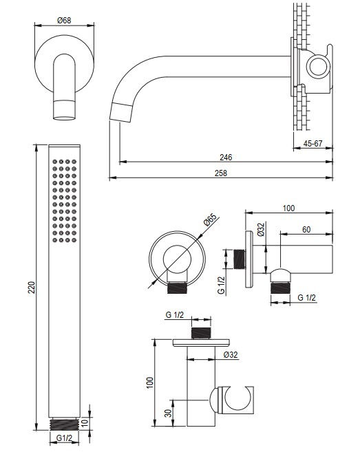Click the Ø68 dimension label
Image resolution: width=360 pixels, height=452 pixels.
pos(64,21)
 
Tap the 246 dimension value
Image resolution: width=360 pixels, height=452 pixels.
pos(226,157)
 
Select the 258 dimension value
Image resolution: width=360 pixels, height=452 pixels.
pos(221,173)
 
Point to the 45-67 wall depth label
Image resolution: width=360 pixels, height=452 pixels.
pos(313,143)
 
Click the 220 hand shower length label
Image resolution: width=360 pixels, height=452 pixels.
pos(32,288)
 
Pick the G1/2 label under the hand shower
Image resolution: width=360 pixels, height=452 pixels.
pos(64,438)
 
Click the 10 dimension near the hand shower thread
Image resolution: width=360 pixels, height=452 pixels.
pos(84,423)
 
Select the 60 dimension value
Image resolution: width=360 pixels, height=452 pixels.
pos(306,230)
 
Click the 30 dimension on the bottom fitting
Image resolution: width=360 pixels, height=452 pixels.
pos(168,413)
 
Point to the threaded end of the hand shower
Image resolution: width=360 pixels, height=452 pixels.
pos(64,424)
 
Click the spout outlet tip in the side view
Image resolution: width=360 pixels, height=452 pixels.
pos(121,112)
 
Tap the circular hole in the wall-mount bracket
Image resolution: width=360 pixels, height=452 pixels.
pos(319,67)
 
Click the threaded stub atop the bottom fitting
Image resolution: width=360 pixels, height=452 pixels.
pos(202,333)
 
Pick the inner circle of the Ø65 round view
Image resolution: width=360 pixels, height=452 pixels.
pos(177,259)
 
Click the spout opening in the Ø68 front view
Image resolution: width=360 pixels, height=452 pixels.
pos(64,118)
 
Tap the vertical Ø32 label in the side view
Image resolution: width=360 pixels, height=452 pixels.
pos(261,230)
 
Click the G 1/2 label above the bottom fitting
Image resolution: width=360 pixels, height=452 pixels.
pos(175,315)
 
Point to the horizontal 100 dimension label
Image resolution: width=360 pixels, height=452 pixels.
pos(288,208)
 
